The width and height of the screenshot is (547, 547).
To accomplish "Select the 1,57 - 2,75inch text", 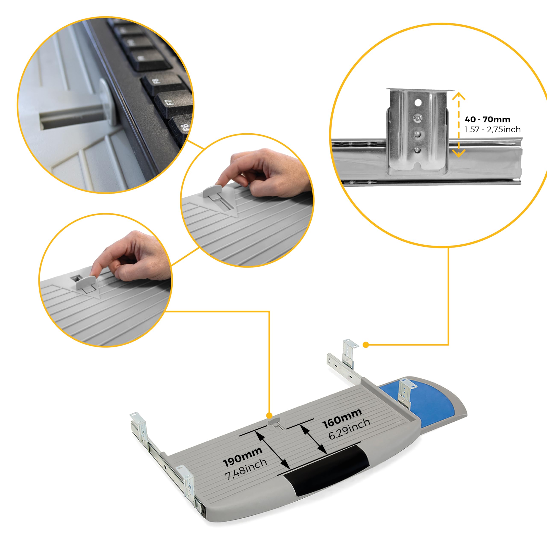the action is coord(493,129).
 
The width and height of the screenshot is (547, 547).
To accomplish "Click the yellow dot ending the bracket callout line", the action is coord(366,345).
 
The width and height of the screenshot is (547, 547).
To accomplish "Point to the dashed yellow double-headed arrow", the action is coord(459,125).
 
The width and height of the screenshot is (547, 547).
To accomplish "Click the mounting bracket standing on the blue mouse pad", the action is coord(407,392).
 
